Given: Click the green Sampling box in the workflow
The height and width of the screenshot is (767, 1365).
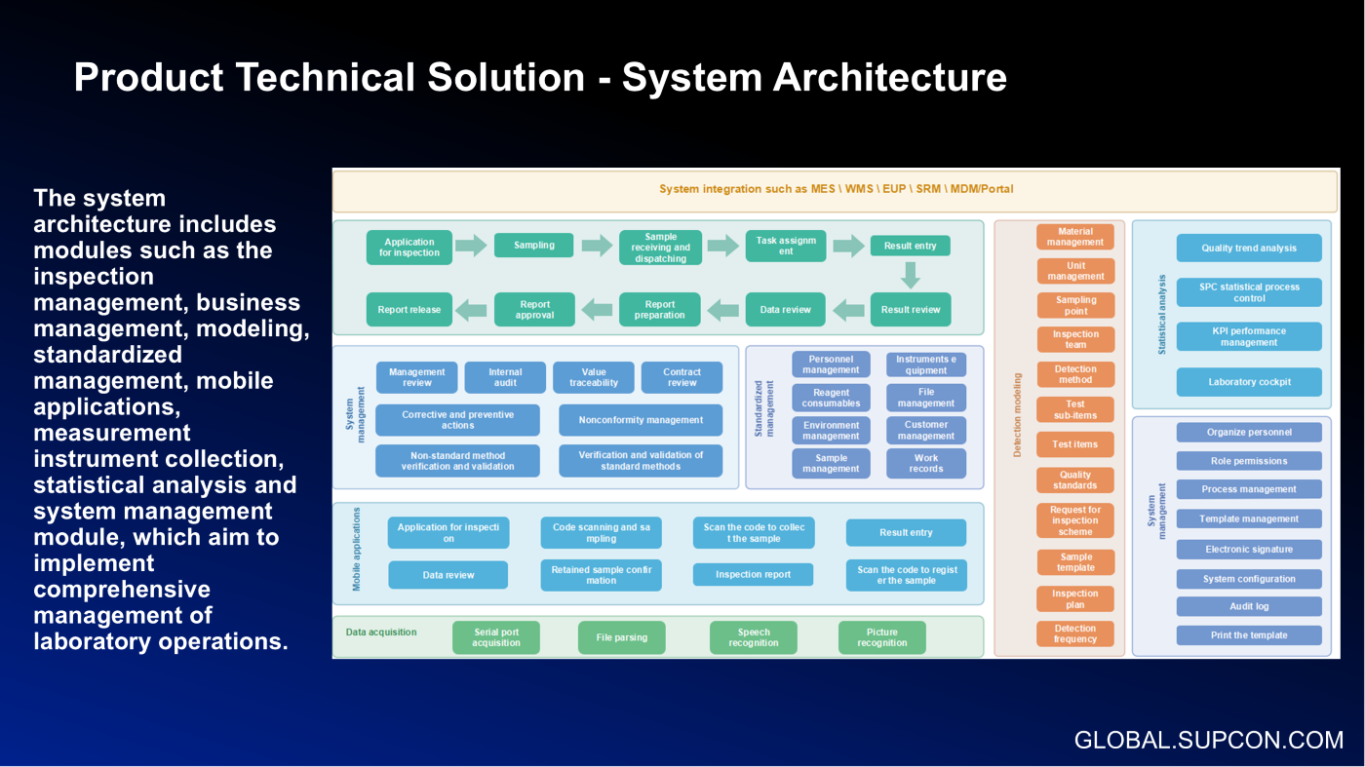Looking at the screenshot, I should [x=534, y=246].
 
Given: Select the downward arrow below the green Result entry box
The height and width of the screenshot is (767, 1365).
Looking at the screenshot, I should [x=911, y=276].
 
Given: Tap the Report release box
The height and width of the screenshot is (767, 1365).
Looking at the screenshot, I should [x=409, y=310].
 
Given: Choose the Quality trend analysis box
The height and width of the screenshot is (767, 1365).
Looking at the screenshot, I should [x=1249, y=248].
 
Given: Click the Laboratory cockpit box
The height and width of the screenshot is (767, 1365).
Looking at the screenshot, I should [x=1249, y=382].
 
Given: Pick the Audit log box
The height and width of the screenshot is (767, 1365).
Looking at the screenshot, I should [x=1249, y=606].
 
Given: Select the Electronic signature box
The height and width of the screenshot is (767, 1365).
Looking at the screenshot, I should [x=1249, y=549].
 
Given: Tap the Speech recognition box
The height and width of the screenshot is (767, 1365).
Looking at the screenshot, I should [x=754, y=637].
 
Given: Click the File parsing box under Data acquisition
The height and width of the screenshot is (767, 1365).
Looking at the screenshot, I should [x=622, y=637].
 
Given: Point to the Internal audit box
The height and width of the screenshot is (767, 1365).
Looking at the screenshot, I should [x=505, y=377].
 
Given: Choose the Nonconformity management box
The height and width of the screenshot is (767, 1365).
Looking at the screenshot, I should [x=641, y=420].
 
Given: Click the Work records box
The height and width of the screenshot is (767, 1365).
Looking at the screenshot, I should [x=926, y=463].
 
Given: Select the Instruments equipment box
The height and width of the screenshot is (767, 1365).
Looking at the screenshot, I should [x=926, y=364].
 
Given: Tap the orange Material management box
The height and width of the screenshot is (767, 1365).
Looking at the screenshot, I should [x=1075, y=237].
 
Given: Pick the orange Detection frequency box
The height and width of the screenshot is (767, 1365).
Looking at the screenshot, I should [x=1075, y=633].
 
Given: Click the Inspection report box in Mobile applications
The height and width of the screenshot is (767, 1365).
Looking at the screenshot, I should [x=753, y=574].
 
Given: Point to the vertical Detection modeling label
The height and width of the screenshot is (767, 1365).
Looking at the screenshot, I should [x=1018, y=414].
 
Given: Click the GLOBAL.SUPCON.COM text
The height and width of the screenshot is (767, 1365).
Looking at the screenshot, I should [x=1209, y=740].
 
